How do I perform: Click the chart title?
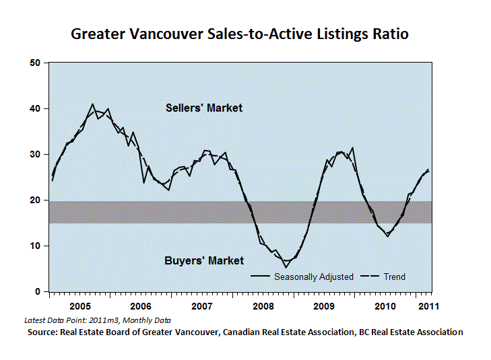(240, 34)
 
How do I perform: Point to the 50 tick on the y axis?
(35, 63)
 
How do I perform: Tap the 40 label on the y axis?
(35, 108)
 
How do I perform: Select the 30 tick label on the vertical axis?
(35, 155)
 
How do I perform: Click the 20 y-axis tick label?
(35, 200)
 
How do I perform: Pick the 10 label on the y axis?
(35, 246)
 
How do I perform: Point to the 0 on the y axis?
(38, 291)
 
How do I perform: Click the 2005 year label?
(80, 306)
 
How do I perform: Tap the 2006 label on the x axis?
(141, 306)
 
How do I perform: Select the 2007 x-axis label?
(202, 306)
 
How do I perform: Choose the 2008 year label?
(263, 306)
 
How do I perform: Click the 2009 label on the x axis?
(324, 306)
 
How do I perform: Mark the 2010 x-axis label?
(385, 306)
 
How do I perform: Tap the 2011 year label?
(428, 306)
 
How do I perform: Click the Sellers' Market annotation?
(204, 108)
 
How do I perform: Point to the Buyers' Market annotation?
(204, 261)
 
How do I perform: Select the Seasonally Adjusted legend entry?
(302, 277)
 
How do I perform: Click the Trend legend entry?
(383, 277)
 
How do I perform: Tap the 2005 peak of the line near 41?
(92, 104)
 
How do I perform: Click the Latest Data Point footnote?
(98, 320)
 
